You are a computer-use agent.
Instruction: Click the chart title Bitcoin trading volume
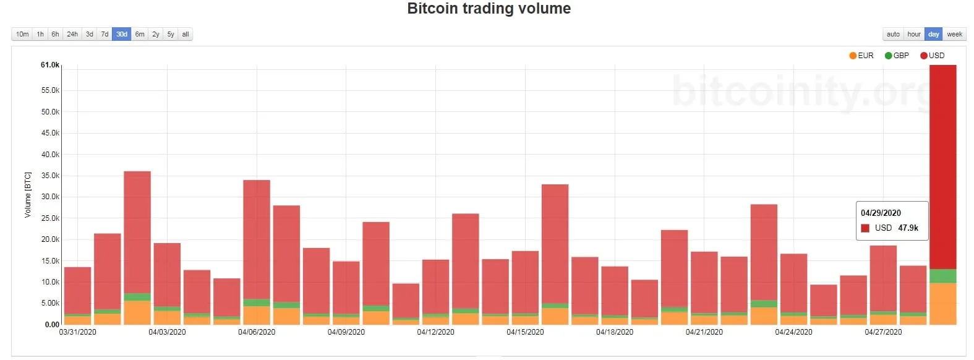click(x=489, y=9)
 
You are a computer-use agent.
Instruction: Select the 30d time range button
click(x=122, y=34)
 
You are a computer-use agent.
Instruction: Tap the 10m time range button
click(x=22, y=34)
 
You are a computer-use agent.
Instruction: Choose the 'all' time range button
click(x=186, y=34)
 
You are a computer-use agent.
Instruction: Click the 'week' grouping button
click(x=954, y=34)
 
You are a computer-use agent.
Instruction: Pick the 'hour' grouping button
click(x=913, y=34)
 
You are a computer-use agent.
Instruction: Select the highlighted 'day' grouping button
click(x=934, y=34)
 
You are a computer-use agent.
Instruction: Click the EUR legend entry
click(x=861, y=56)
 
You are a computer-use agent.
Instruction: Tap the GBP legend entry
click(x=897, y=56)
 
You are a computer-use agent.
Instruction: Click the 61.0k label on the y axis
click(x=50, y=65)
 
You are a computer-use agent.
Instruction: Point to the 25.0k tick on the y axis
click(x=50, y=218)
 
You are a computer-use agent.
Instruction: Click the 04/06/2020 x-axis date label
click(x=257, y=332)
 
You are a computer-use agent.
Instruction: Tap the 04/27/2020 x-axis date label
click(x=883, y=332)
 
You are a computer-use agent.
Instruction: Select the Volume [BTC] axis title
click(x=28, y=195)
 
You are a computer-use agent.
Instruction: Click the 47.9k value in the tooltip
click(x=908, y=228)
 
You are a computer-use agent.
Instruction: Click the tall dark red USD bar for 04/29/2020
click(x=942, y=167)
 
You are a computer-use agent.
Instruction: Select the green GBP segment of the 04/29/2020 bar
click(x=942, y=276)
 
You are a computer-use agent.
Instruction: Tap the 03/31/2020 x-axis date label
click(x=78, y=332)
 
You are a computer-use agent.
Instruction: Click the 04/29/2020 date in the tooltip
click(x=881, y=213)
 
